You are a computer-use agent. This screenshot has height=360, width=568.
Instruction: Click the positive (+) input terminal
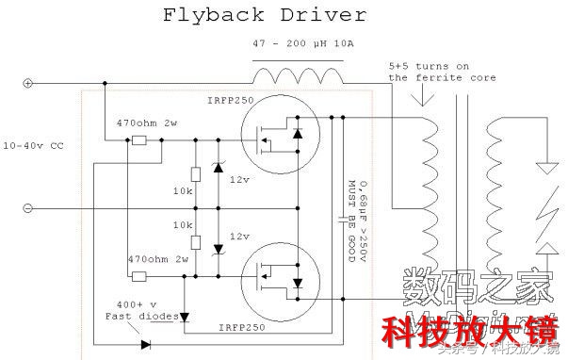click(x=27, y=83)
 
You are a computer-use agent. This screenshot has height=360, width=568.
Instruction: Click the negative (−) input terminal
click(x=27, y=207)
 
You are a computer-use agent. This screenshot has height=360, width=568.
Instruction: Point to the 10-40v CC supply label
click(x=36, y=146)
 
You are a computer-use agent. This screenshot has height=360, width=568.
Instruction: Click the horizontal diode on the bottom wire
click(x=145, y=345)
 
